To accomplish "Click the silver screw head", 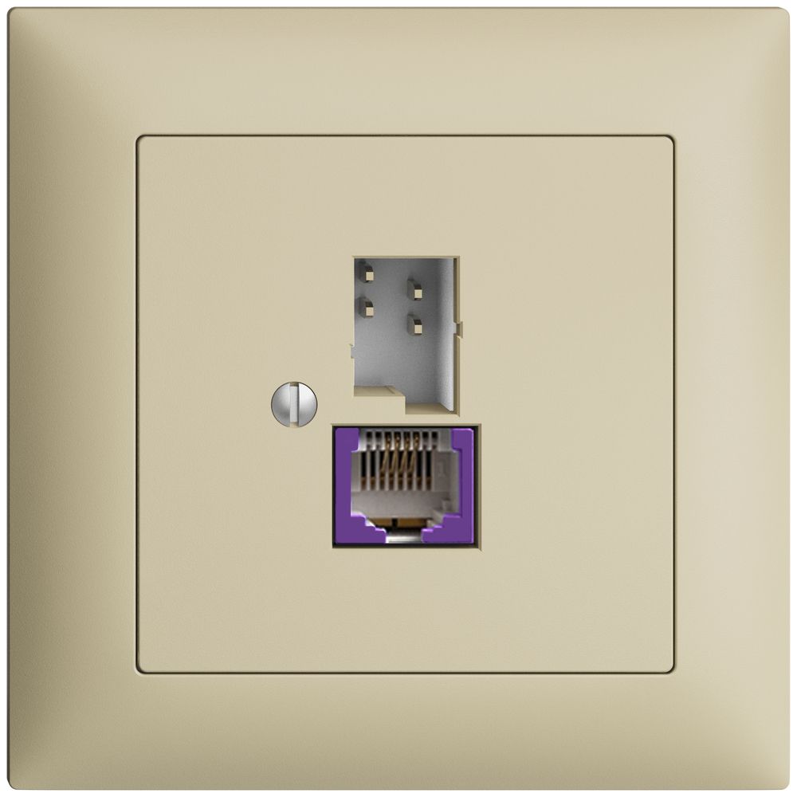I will pos(294,404).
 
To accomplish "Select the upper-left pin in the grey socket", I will pos(365,274).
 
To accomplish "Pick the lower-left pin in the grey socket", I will pos(365,306).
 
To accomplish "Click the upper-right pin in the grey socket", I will pos(414,289).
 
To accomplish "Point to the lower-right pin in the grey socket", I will pos(414,324).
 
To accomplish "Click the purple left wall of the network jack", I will pos(347,478).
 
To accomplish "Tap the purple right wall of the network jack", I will pos(463,478).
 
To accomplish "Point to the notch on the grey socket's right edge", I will pos(457,328).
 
